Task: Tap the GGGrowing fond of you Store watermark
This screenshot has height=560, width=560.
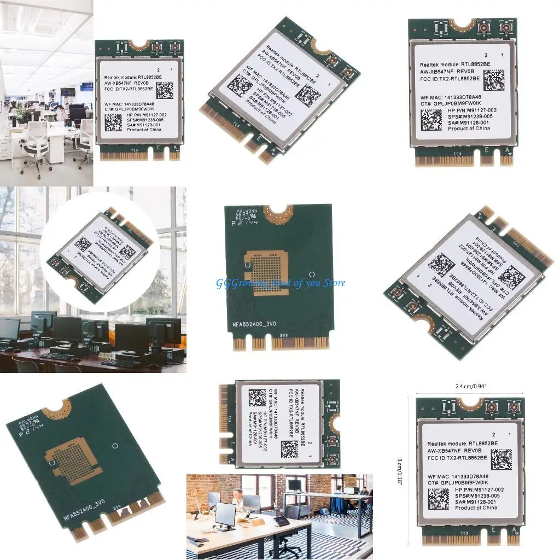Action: point(281,283)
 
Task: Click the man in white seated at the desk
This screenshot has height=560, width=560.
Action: point(238,499)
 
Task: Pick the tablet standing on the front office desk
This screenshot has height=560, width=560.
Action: point(282,521)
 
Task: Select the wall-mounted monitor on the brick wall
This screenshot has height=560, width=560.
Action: point(295,485)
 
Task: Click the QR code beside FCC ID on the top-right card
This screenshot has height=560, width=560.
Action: point(494,80)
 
